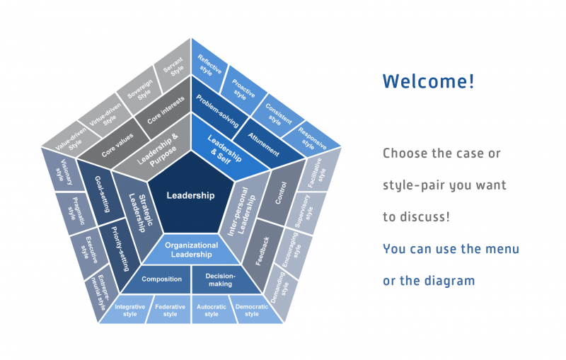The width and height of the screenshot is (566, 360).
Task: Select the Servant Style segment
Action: (x=173, y=66)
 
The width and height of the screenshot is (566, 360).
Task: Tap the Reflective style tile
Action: (x=209, y=64)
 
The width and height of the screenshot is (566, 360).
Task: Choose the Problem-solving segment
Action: (x=218, y=110)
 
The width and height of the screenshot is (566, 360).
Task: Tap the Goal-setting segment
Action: (x=101, y=193)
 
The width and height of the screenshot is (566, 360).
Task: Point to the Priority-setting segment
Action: (x=119, y=249)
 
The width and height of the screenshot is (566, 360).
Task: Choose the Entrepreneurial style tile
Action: (x=99, y=292)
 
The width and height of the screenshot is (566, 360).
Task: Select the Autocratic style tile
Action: (x=212, y=310)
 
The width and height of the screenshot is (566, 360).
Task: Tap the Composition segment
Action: (x=161, y=279)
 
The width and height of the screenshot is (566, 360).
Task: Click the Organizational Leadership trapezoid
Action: (x=191, y=249)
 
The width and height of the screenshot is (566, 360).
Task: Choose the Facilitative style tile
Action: (x=318, y=173)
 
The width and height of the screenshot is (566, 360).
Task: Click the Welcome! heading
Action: (x=429, y=81)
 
